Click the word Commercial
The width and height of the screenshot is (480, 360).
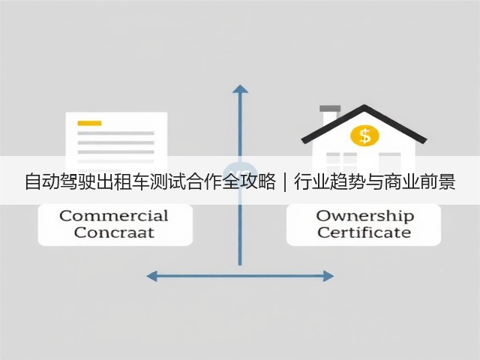point(114,216)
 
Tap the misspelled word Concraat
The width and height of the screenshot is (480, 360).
point(114,232)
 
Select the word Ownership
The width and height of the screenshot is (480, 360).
point(365,217)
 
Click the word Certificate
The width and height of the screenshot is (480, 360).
point(364,232)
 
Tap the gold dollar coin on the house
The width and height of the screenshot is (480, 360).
point(364,135)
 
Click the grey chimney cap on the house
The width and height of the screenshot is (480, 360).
point(330,109)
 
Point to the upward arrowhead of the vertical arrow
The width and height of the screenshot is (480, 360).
point(240,89)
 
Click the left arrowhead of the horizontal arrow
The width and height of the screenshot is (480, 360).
point(151,276)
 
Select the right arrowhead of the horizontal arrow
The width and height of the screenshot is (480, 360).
point(328,276)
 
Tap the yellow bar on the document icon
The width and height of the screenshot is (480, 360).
point(89,123)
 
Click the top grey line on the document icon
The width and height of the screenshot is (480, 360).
point(115,133)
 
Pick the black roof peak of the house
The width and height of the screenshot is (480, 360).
point(364,107)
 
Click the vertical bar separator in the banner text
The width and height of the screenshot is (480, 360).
point(285,181)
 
